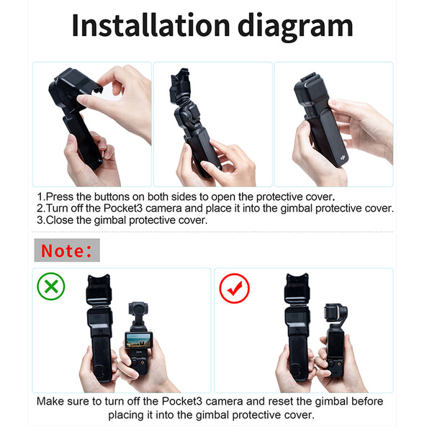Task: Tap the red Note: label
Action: [x=66, y=251]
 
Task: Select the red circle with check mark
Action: [x=234, y=288]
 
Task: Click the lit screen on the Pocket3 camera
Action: [x=138, y=340]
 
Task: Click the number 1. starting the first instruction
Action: [x=41, y=196]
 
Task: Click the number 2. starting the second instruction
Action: [x=41, y=208]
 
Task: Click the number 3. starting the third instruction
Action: [x=41, y=220]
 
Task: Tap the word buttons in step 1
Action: [x=118, y=196]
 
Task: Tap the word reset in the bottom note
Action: [x=282, y=401]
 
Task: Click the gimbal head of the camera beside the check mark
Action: [x=336, y=311]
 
